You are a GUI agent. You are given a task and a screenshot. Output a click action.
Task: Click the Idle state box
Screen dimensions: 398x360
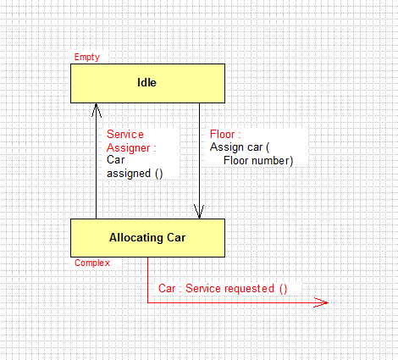coord(147,83)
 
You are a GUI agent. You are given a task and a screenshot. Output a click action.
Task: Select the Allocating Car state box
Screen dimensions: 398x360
coord(147,238)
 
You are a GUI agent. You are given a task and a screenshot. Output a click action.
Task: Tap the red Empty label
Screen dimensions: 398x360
coord(87,58)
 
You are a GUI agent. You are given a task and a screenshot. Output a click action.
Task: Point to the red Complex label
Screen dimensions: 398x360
coord(92,263)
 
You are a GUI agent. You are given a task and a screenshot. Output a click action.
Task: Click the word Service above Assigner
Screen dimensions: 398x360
coord(125,134)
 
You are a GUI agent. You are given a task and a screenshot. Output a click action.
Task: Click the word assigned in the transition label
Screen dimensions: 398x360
coord(129,174)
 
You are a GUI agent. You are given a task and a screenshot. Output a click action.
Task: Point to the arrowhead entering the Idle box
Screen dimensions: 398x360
coord(97,110)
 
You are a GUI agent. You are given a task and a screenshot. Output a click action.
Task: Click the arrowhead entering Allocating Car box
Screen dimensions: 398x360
coord(199,212)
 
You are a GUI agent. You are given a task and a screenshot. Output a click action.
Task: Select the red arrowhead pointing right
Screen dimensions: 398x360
coord(321,302)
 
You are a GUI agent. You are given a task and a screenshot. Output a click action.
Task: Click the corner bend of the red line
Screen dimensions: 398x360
coord(147,302)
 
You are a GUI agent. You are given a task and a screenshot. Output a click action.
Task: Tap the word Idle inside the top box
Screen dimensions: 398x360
coord(146,82)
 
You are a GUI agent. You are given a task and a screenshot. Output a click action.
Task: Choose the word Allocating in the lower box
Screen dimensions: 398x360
coord(136,238)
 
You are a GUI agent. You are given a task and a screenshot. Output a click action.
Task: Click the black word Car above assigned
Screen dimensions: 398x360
coord(115,160)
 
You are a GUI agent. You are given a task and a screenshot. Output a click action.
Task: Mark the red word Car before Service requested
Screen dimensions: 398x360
coord(167,289)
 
